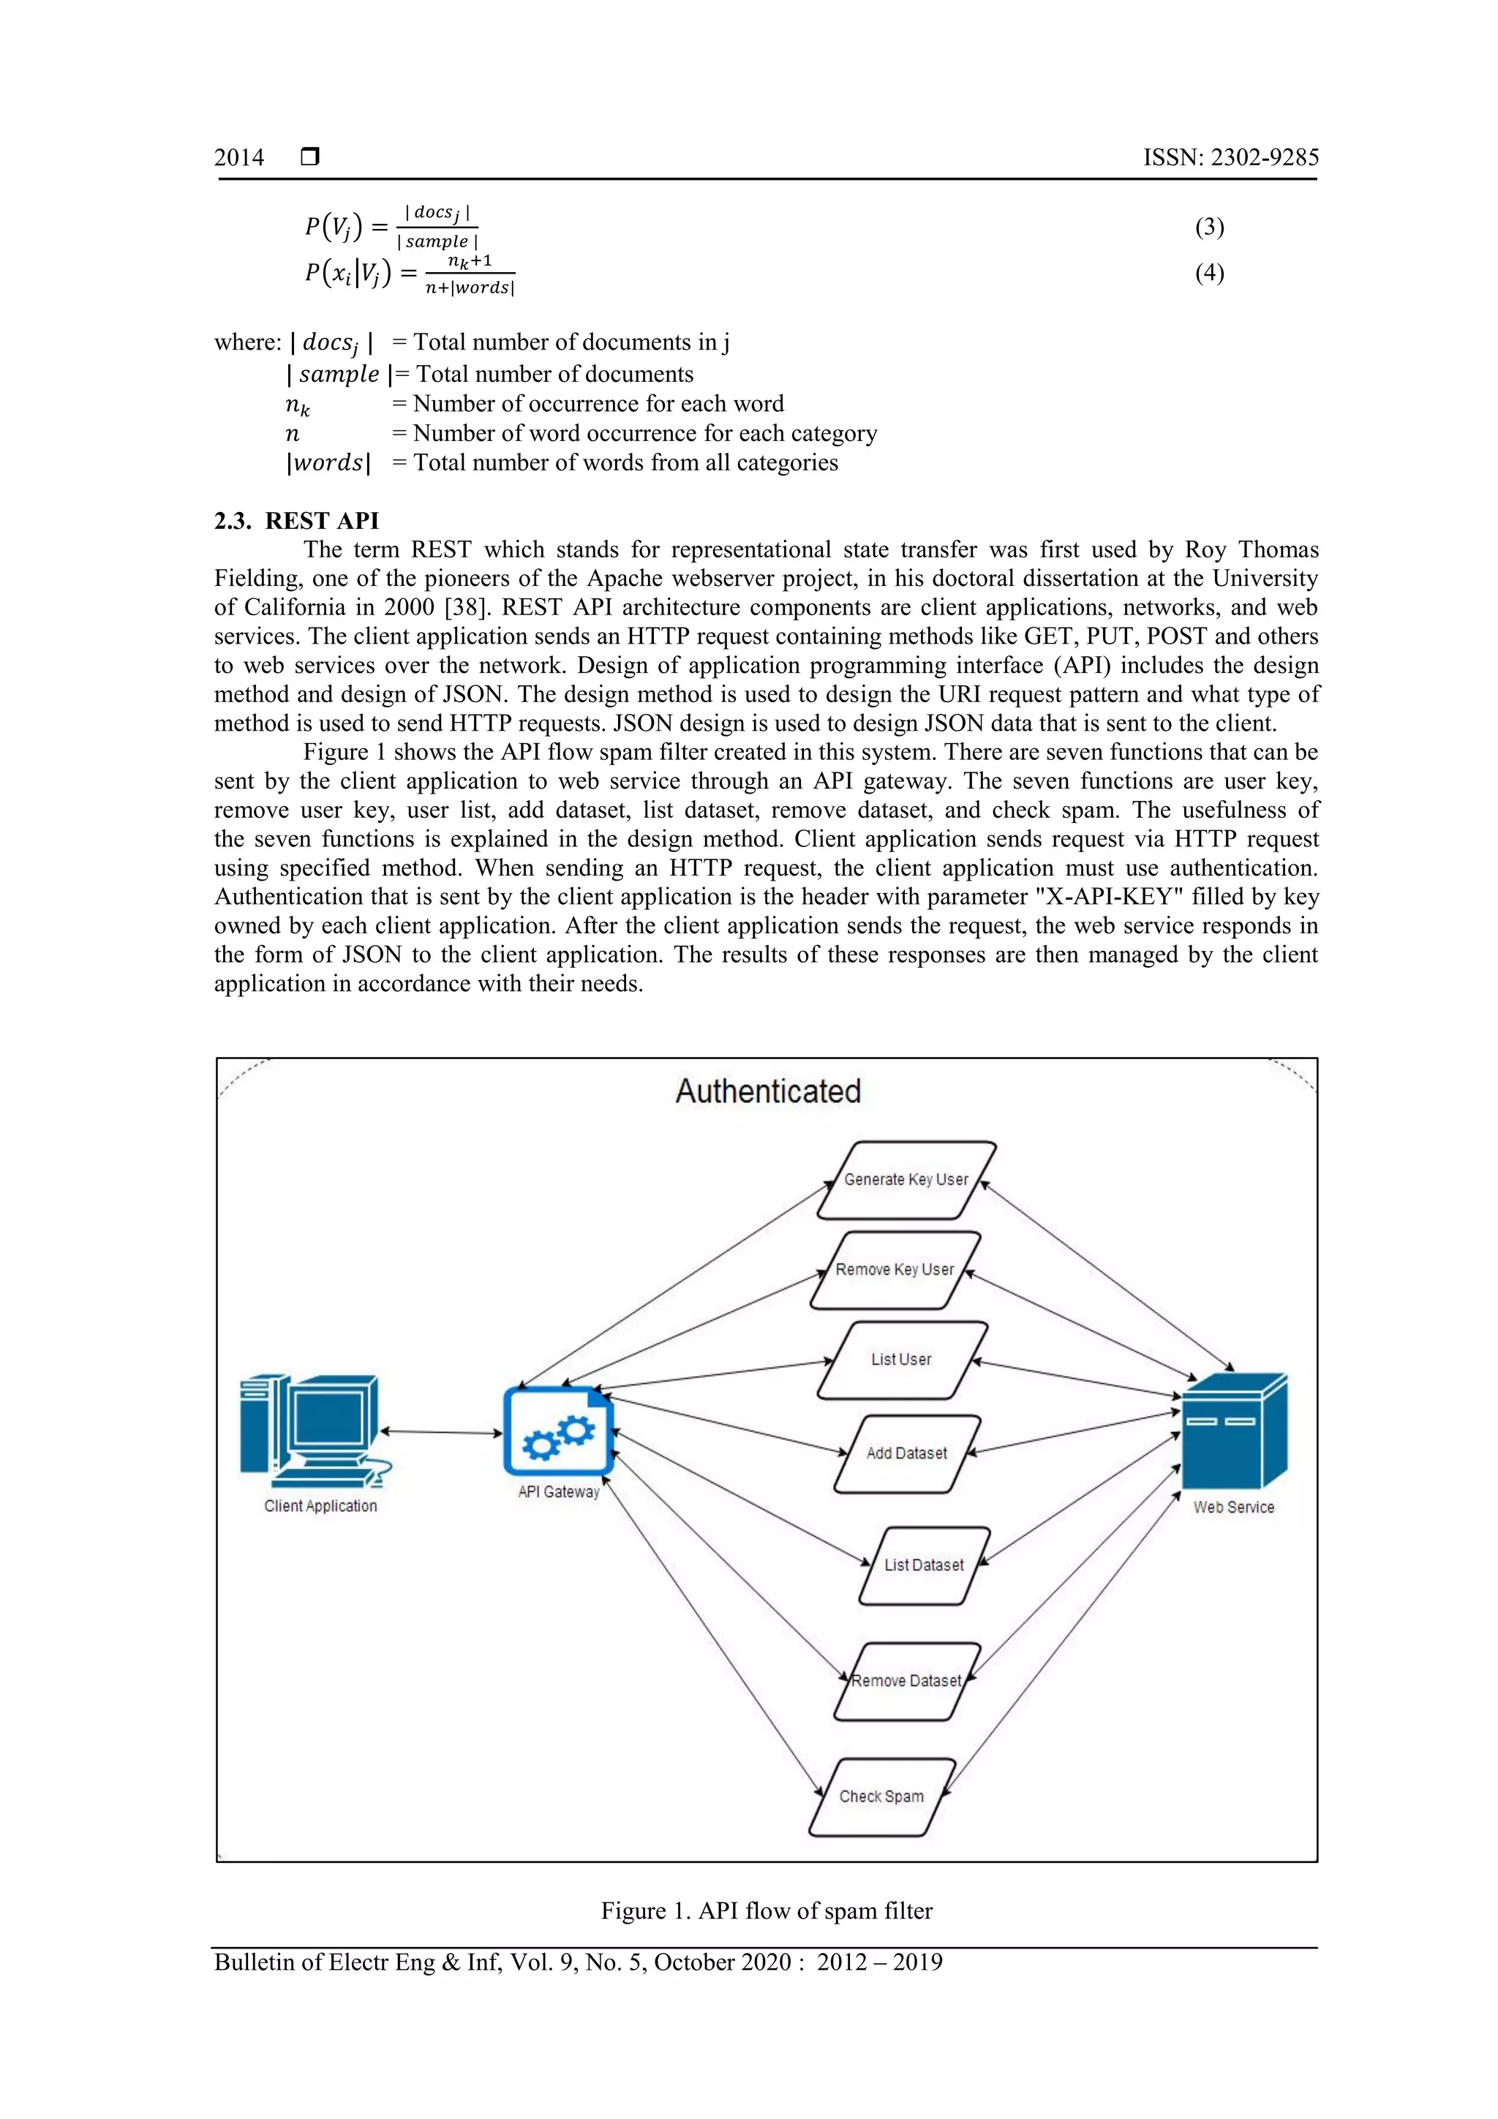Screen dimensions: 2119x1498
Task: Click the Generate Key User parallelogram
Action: point(906,1181)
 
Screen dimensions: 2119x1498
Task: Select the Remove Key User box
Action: point(895,1270)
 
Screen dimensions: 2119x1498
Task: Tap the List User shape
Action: point(902,1360)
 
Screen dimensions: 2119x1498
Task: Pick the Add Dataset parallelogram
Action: point(906,1453)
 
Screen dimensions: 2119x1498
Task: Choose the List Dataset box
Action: point(924,1565)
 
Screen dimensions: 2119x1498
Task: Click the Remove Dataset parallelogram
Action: point(906,1681)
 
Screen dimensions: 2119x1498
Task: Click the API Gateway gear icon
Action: point(558,1431)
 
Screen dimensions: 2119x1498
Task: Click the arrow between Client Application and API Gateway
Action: point(441,1432)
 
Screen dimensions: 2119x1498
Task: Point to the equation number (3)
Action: point(1209,227)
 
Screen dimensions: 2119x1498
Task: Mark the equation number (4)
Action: point(1209,273)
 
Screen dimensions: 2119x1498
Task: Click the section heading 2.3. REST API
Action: point(296,521)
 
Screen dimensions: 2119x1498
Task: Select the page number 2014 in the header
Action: point(239,158)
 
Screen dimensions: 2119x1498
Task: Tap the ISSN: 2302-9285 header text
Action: point(1230,158)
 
